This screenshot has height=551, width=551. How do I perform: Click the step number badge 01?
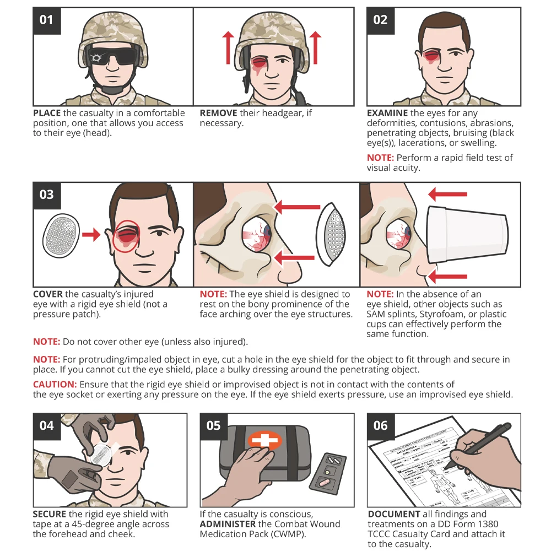pyautogui.click(x=47, y=20)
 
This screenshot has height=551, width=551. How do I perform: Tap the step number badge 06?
pyautogui.click(x=380, y=426)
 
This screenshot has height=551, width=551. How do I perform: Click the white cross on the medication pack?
pyautogui.click(x=264, y=441)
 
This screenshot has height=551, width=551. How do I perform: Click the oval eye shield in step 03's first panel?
pyautogui.click(x=62, y=235)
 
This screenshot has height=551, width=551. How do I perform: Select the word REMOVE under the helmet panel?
pyautogui.click(x=218, y=113)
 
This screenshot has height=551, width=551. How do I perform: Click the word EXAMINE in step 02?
pyautogui.click(x=388, y=113)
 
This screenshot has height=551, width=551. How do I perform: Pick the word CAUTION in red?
pyautogui.click(x=55, y=384)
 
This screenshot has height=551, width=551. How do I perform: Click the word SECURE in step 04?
pyautogui.click(x=50, y=514)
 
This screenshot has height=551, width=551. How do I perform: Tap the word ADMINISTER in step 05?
pyautogui.click(x=226, y=524)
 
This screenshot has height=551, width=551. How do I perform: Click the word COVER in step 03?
pyautogui.click(x=48, y=294)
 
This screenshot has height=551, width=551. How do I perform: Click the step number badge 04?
pyautogui.click(x=47, y=426)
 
